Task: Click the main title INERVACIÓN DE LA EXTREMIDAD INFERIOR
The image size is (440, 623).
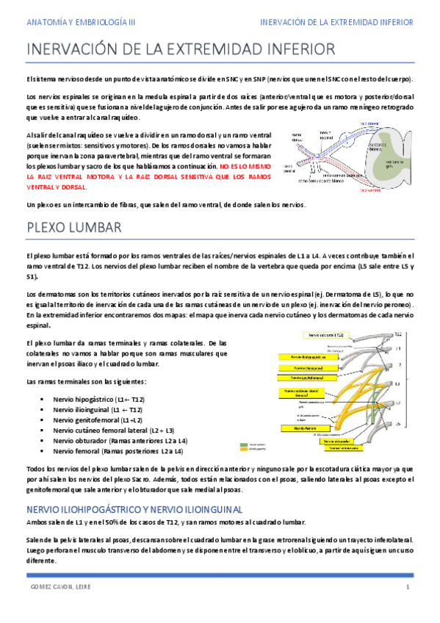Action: (181, 50)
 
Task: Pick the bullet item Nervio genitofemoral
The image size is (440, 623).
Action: (98, 419)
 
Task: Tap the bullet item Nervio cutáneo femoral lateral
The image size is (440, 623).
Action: (113, 430)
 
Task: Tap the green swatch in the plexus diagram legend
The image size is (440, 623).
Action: (245, 443)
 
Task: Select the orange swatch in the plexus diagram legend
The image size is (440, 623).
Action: (245, 448)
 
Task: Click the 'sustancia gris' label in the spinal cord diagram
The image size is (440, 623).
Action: (397, 162)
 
